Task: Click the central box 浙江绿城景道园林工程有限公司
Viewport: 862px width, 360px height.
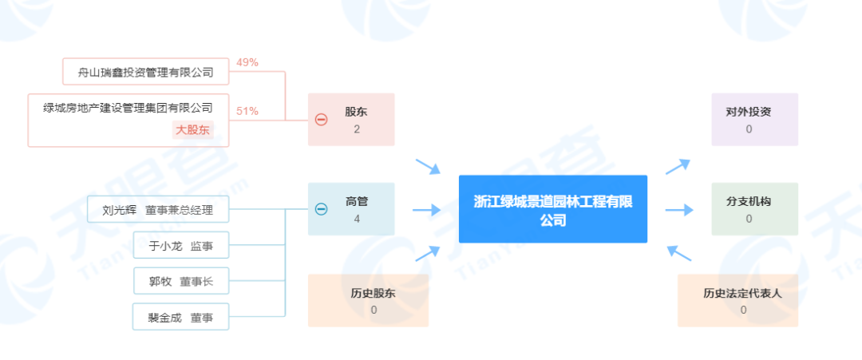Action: click(x=552, y=209)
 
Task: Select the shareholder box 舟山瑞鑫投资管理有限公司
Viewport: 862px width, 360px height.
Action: click(x=146, y=72)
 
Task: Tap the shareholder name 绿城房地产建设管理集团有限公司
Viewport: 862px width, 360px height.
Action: click(x=129, y=108)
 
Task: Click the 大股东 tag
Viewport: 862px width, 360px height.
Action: click(x=192, y=130)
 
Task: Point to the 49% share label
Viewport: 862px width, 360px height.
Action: click(x=247, y=62)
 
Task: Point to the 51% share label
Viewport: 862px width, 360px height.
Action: click(x=247, y=111)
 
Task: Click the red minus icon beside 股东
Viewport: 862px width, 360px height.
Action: click(x=321, y=120)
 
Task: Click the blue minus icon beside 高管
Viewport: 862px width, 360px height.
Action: click(x=321, y=209)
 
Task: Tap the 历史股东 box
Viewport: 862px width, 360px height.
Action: click(x=368, y=300)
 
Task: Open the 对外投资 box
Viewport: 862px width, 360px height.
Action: click(x=754, y=120)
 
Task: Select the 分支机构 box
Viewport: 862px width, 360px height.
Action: click(x=754, y=209)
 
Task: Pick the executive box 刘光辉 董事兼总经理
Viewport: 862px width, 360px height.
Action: click(x=158, y=211)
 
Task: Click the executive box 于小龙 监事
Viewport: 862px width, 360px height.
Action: click(x=182, y=246)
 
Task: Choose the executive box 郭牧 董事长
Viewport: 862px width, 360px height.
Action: click(x=182, y=281)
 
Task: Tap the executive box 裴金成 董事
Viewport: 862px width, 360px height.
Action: click(x=180, y=317)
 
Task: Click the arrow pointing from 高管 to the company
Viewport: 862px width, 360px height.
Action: click(x=427, y=210)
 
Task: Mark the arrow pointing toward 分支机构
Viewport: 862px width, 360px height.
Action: click(x=678, y=210)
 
